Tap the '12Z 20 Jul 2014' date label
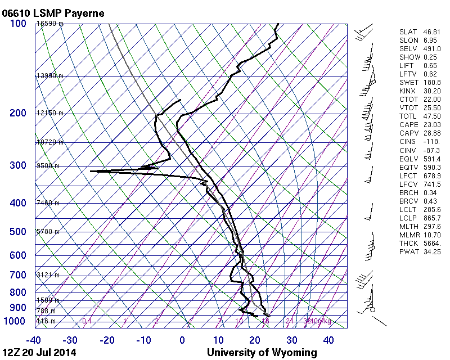[x=39, y=353]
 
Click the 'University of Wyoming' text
[x=262, y=353]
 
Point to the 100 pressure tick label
[x=18, y=24]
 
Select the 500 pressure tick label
[x=18, y=232]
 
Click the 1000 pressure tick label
[x=16, y=321]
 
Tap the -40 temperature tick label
[x=33, y=340]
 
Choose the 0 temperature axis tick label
[x=182, y=340]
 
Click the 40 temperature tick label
[x=329, y=340]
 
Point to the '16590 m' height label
[x=50, y=24]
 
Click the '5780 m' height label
[x=48, y=231]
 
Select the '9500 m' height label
[x=48, y=166]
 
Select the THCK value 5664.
[x=431, y=242]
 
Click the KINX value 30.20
[x=431, y=91]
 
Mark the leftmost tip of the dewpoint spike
[x=91, y=170]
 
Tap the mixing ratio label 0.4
[x=87, y=321]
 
